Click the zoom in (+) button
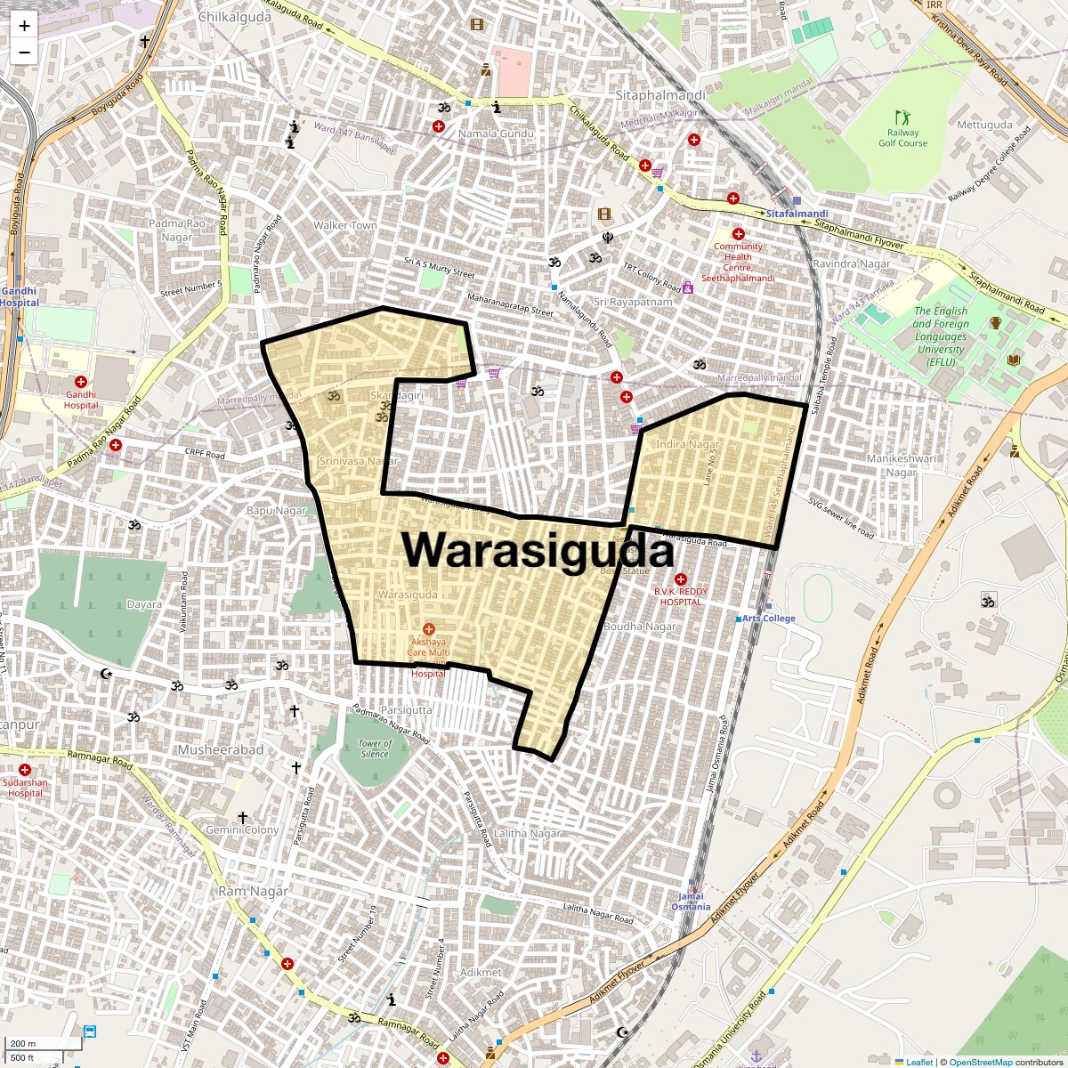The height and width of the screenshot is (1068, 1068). click(24, 26)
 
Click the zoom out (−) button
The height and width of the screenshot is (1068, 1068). click(24, 52)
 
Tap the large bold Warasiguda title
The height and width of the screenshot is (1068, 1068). click(538, 549)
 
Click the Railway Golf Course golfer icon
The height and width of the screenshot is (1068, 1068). click(903, 117)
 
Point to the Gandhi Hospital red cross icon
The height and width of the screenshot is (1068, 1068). click(81, 382)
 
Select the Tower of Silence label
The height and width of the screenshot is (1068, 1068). click(375, 748)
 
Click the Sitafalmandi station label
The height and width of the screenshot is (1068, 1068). click(797, 214)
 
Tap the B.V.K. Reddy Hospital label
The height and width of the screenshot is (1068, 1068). click(681, 596)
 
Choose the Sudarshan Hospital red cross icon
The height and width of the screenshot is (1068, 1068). click(25, 769)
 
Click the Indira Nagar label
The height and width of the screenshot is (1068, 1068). click(687, 444)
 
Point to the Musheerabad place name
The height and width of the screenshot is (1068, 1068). click(221, 750)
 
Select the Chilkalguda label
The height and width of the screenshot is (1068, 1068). click(235, 17)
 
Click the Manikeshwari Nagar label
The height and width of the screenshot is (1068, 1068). click(902, 465)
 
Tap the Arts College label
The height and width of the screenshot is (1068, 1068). click(769, 619)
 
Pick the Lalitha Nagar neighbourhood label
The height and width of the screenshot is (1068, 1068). click(528, 834)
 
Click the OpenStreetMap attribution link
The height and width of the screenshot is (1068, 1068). click(980, 1062)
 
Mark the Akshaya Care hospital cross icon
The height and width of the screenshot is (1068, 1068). click(428, 629)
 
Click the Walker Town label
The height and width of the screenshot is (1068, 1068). click(345, 225)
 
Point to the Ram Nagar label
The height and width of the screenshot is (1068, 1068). click(254, 891)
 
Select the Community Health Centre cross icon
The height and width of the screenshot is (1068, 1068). click(738, 233)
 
